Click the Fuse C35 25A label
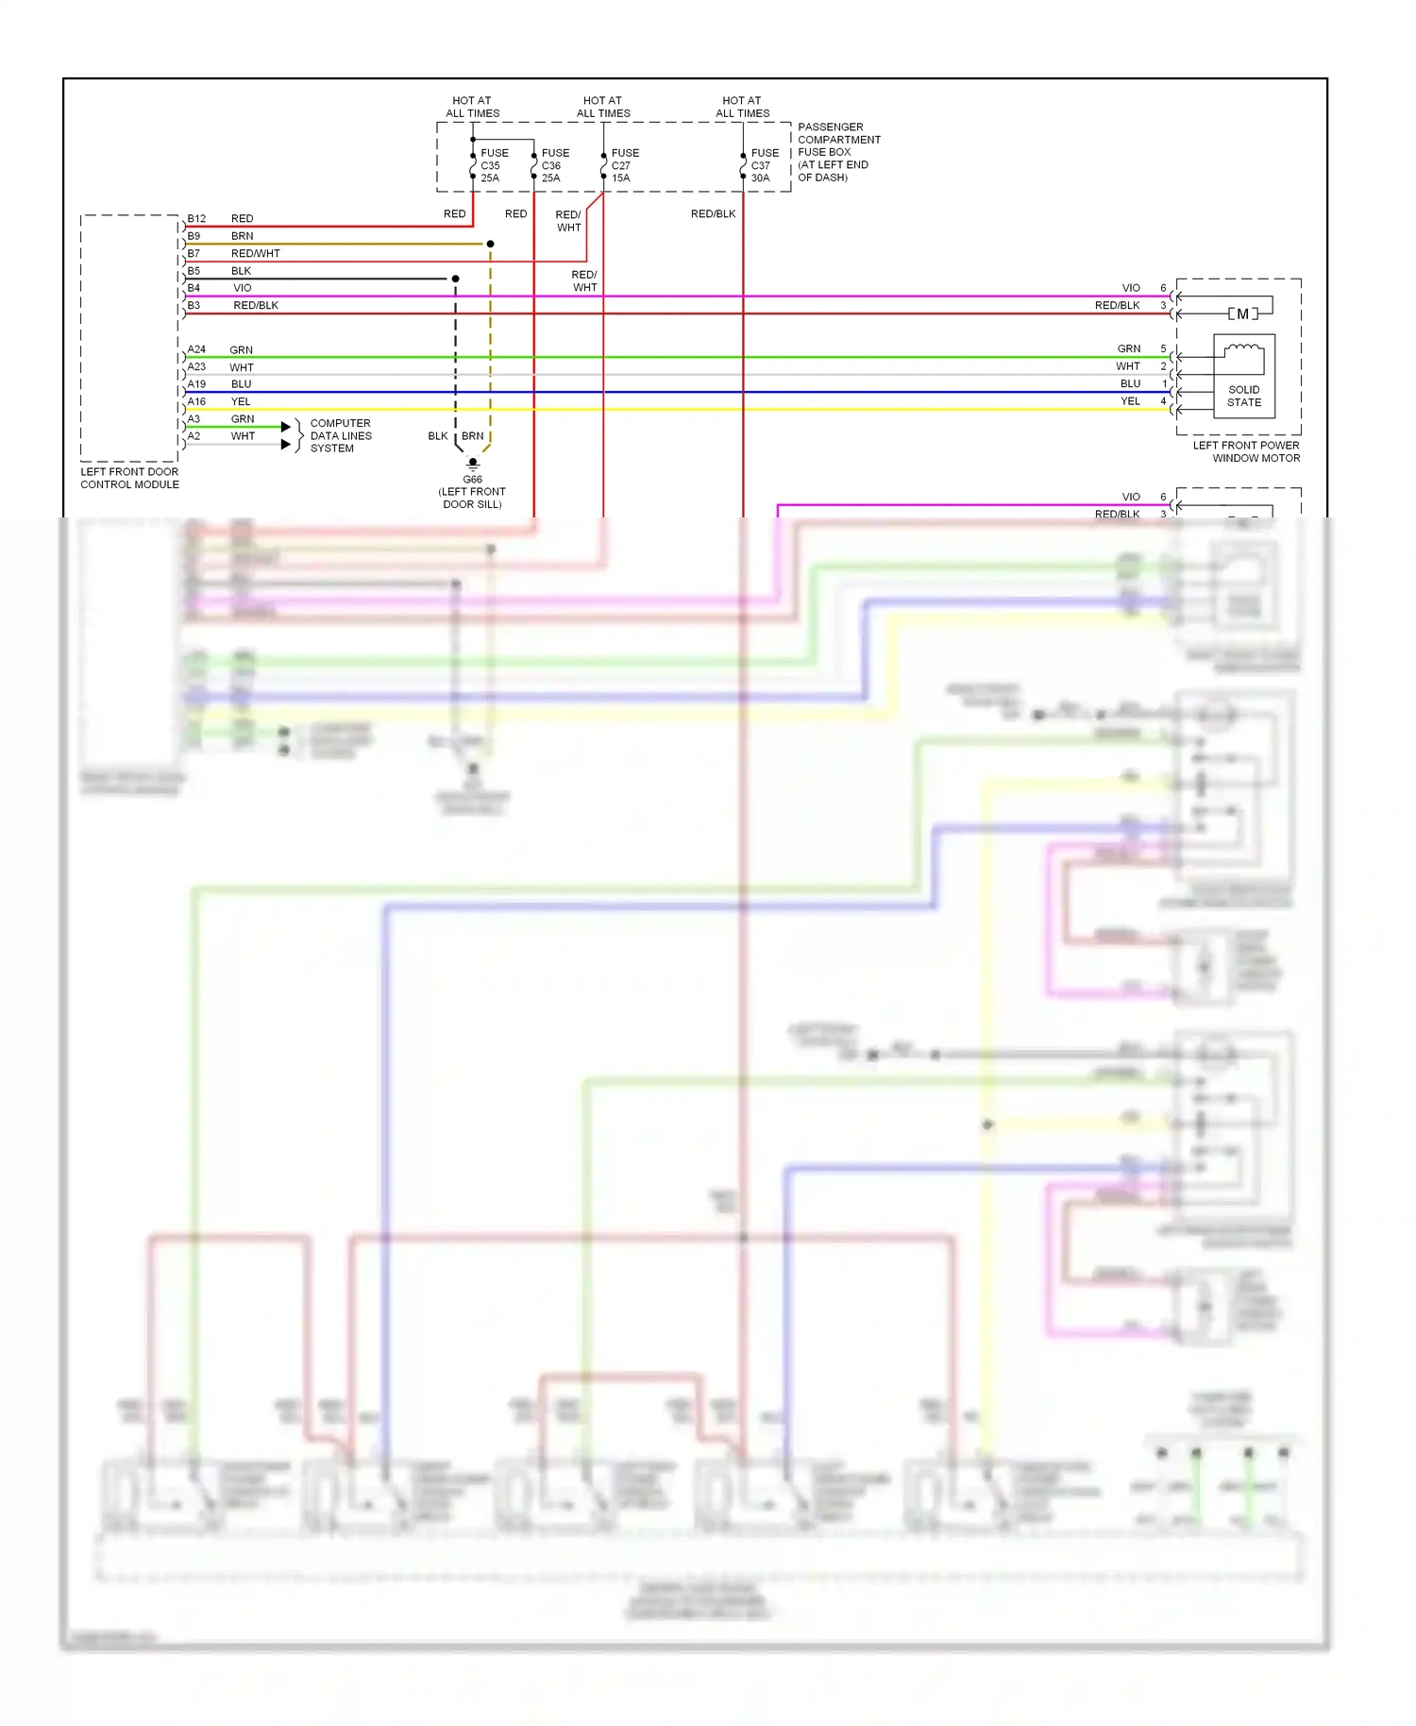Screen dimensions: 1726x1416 [x=494, y=165]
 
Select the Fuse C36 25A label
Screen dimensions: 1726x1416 [x=555, y=165]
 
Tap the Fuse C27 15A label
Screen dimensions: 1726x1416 [x=624, y=165]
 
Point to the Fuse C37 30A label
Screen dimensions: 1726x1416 [x=764, y=165]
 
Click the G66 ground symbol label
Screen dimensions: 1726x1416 [x=472, y=479]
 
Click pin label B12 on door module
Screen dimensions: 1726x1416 [x=196, y=218]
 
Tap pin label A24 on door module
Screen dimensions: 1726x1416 [x=196, y=349]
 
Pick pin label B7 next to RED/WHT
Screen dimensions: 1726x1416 [x=194, y=253]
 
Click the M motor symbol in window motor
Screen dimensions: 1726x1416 [x=1242, y=313]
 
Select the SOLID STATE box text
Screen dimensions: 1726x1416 [x=1243, y=396]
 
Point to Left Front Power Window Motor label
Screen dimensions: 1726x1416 [x=1247, y=451]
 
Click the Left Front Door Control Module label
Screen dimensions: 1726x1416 [x=129, y=478]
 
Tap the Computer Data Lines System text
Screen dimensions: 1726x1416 [x=340, y=435]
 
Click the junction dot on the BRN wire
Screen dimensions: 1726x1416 [x=490, y=244]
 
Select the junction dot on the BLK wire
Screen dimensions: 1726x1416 [x=455, y=279]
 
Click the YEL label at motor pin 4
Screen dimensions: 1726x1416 [x=1130, y=401]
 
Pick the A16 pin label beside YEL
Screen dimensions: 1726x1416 [x=196, y=401]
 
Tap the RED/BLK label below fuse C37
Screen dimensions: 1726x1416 [x=713, y=214]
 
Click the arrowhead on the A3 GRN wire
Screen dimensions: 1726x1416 [x=285, y=427]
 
